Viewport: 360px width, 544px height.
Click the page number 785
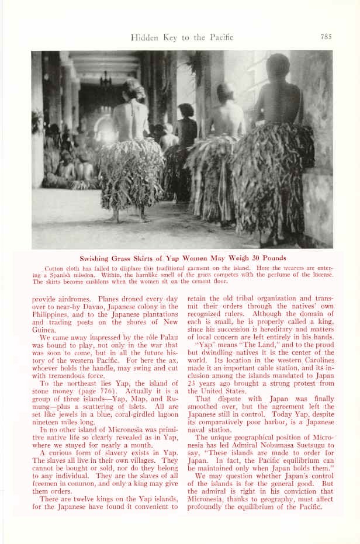pyautogui.click(x=326, y=37)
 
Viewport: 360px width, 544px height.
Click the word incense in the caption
pyautogui.click(x=320, y=275)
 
